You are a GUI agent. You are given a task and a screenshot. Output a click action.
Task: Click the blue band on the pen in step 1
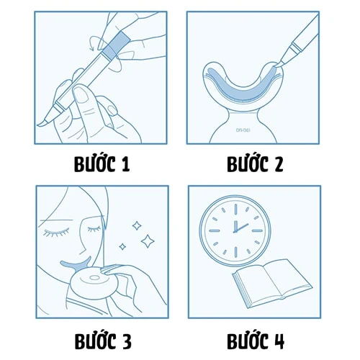(113, 45)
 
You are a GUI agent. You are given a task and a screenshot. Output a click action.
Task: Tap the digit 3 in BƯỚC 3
(126, 339)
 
